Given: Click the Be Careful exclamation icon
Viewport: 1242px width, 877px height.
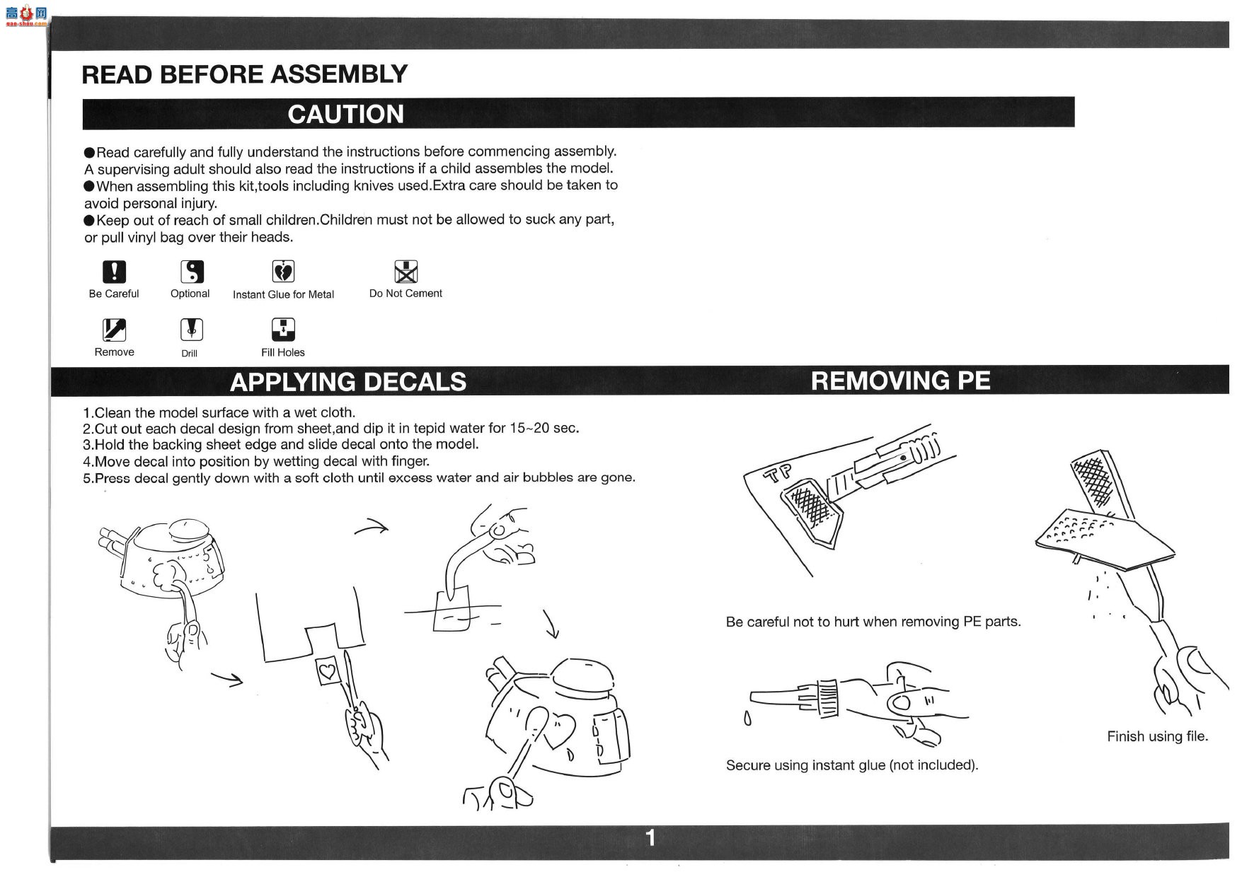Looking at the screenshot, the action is click(x=114, y=272).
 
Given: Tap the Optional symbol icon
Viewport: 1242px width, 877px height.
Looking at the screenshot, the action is click(x=192, y=272).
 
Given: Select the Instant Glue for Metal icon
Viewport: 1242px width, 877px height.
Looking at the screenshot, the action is click(x=283, y=272).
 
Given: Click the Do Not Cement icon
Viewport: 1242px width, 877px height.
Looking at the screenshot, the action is click(x=406, y=272).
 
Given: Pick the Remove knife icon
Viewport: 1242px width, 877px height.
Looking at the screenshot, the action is click(x=114, y=330).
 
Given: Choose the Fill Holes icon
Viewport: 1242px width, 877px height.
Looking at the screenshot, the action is click(x=283, y=330).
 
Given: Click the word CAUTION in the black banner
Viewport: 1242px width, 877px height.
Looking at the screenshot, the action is click(x=346, y=114).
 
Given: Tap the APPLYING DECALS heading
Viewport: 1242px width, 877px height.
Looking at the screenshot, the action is click(x=348, y=382).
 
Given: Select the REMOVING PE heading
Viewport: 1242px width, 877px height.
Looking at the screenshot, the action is click(x=900, y=381).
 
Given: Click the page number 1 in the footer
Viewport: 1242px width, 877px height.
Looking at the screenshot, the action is click(x=650, y=838).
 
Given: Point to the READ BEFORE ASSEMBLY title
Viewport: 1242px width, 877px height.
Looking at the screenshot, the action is click(x=245, y=74).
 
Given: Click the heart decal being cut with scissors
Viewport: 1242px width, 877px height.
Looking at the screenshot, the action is click(x=328, y=669).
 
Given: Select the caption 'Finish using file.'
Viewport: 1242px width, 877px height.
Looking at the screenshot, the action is click(x=1157, y=736).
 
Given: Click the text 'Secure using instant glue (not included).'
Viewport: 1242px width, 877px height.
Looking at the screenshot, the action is click(x=852, y=765).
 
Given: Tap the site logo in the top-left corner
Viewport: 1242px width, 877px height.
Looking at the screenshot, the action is click(x=26, y=15).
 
